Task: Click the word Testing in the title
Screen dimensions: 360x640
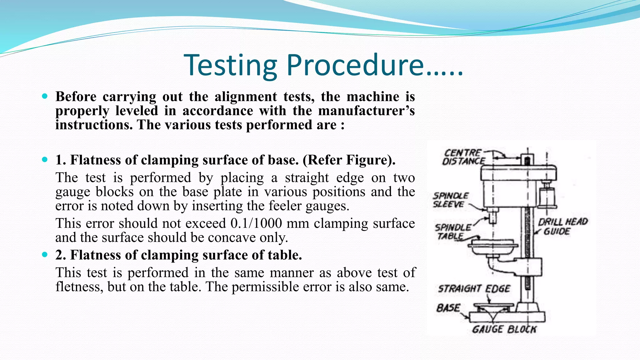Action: point(231,66)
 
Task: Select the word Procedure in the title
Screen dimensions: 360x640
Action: point(355,66)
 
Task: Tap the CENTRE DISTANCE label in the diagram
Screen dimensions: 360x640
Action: point(463,157)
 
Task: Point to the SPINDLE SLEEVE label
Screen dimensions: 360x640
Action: point(450,200)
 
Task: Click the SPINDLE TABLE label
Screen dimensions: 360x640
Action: point(452,232)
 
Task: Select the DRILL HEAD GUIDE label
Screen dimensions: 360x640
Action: point(562,227)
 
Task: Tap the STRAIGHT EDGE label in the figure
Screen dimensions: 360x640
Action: point(474,288)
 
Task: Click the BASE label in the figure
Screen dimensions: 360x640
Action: point(448,308)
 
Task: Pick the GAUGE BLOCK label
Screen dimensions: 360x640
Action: point(504,329)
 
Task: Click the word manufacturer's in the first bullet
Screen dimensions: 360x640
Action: point(366,111)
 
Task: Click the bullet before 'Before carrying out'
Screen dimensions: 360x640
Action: point(45,96)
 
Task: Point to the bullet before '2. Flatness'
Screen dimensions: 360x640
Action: point(45,255)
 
